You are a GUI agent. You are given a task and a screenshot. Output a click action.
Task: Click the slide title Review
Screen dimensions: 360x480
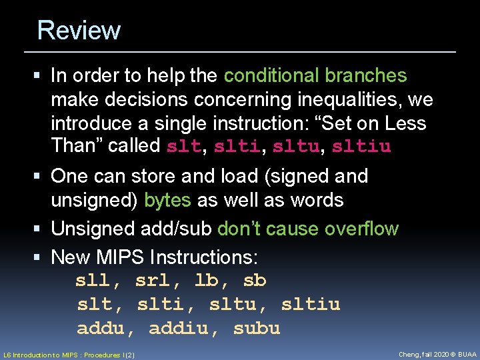point(79,31)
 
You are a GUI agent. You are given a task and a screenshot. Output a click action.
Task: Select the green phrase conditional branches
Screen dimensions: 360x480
point(315,76)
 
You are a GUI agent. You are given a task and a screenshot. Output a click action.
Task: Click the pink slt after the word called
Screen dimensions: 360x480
point(183,146)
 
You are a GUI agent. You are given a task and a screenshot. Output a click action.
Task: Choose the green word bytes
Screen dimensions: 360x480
point(167,200)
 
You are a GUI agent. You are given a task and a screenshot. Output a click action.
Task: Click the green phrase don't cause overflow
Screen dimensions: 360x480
point(307,229)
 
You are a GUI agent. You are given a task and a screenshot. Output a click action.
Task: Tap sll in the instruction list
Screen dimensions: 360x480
point(93,281)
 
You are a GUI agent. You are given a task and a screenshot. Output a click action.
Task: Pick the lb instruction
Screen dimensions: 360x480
point(206,281)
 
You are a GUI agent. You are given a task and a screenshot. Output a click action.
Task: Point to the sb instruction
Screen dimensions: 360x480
point(254,281)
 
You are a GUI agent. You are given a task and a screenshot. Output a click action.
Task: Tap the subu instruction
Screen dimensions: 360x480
point(257,329)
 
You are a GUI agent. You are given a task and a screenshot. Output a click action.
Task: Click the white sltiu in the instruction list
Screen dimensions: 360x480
point(311,305)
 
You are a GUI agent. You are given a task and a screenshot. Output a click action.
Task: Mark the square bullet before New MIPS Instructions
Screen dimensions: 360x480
point(42,257)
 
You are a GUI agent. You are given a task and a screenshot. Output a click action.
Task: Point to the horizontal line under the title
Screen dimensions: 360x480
point(240,51)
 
